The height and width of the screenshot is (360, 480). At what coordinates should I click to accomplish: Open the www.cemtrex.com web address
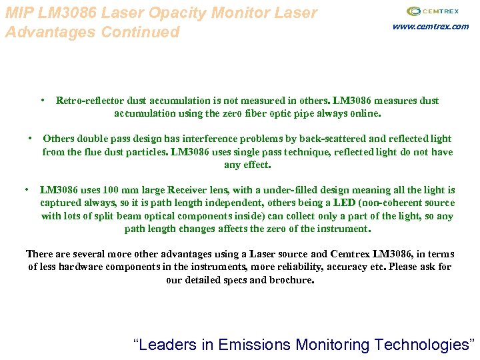431,27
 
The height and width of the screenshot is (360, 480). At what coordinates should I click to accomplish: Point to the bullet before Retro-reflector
42,100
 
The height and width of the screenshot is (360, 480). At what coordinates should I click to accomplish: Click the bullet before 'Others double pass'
30,139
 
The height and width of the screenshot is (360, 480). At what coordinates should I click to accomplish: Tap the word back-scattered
333,139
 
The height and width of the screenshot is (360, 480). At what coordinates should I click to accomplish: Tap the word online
364,113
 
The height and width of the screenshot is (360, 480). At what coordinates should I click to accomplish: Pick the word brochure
291,280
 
